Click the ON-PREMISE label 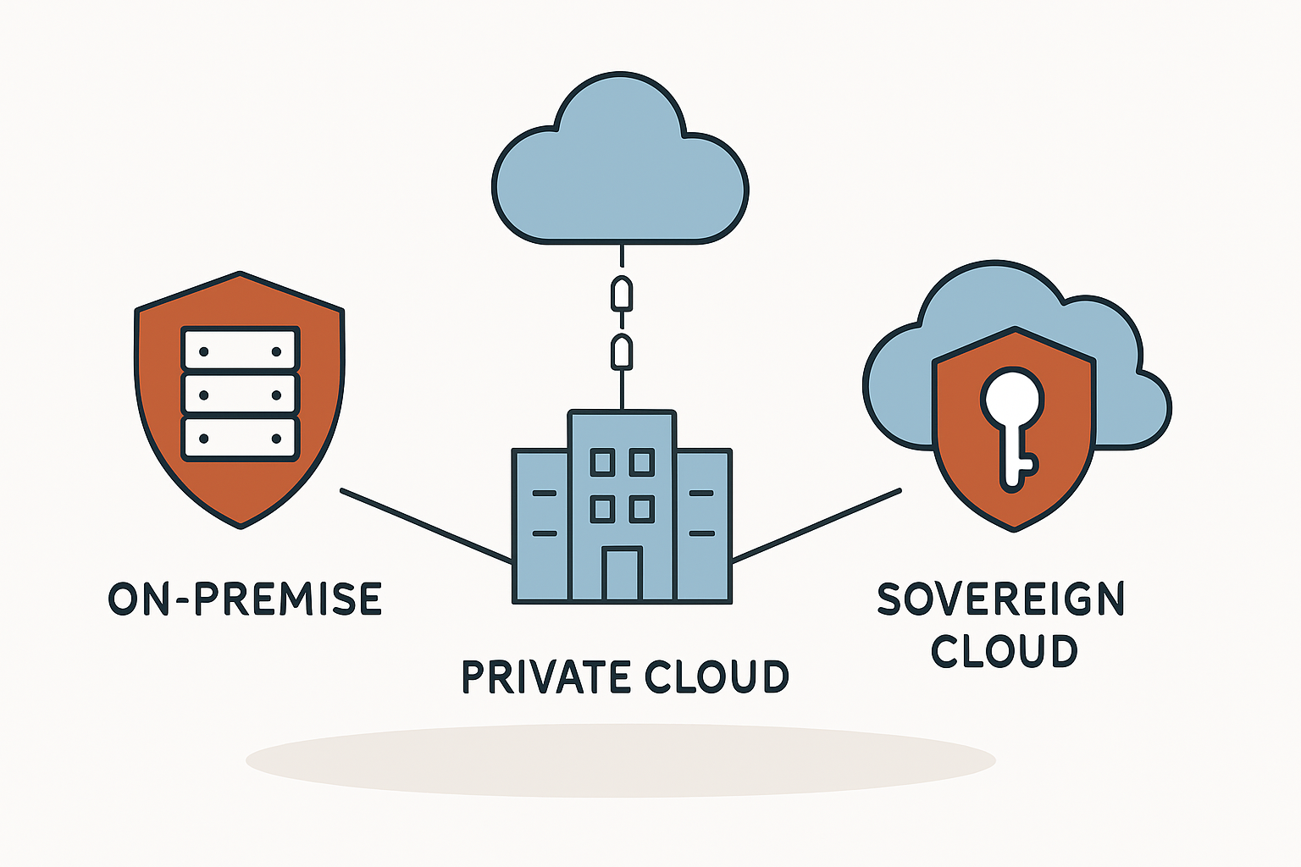click(245, 599)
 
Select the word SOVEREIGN click(1000, 599)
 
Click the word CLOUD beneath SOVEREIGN click(1005, 650)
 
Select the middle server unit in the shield click(241, 395)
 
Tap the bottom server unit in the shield click(241, 439)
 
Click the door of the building click(622, 573)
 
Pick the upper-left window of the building click(602, 462)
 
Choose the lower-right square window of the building click(642, 510)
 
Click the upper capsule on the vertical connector click(622, 294)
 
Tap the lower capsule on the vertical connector click(622, 352)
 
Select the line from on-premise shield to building click(426, 526)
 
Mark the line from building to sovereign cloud click(817, 526)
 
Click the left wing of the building click(540, 526)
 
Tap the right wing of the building click(703, 526)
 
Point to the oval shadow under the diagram click(620, 760)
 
